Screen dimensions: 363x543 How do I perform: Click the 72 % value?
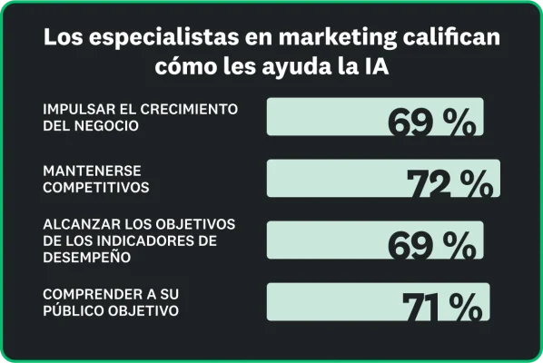click(450, 183)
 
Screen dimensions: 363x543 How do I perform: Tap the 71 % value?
click(441, 307)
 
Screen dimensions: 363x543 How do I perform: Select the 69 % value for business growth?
click(431, 123)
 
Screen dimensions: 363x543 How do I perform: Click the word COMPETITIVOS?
click(95, 188)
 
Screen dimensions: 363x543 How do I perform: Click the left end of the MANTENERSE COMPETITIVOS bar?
click(270, 178)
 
